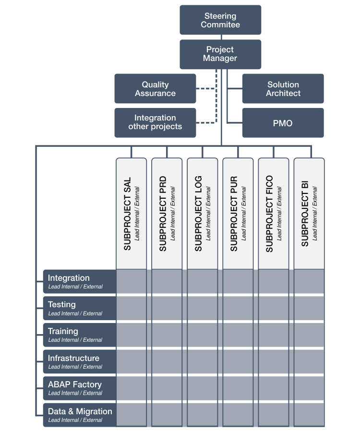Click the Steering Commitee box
pyautogui.click(x=220, y=20)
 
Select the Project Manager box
pyautogui.click(x=220, y=54)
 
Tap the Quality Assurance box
pyautogui.click(x=155, y=89)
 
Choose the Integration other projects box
pyautogui.click(x=155, y=122)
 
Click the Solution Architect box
pyautogui.click(x=283, y=89)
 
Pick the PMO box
pyautogui.click(x=283, y=123)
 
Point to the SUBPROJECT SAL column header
pyautogui.click(x=132, y=214)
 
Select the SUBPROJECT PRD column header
pyautogui.click(x=167, y=214)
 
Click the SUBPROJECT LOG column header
pyautogui.click(x=203, y=214)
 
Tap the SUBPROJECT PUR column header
pyautogui.click(x=238, y=214)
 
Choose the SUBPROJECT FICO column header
pyautogui.click(x=274, y=214)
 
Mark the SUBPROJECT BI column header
pyautogui.click(x=309, y=214)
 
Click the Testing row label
pyautogui.click(x=80, y=308)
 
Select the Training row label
pyautogui.click(x=80, y=335)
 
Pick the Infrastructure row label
pyautogui.click(x=80, y=361)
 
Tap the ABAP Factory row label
pyautogui.click(x=80, y=388)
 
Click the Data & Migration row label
pyautogui.click(x=80, y=415)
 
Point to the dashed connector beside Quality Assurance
pyautogui.click(x=206, y=89)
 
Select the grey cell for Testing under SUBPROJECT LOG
pyautogui.click(x=203, y=308)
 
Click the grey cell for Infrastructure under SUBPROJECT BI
pyautogui.click(x=309, y=361)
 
